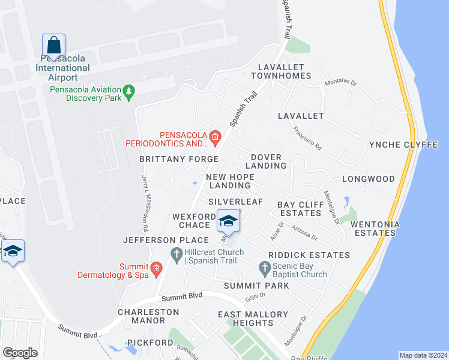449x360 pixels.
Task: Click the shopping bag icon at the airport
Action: (x=53, y=45)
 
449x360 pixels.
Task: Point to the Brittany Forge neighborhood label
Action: (x=179, y=159)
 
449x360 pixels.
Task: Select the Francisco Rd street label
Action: (x=307, y=137)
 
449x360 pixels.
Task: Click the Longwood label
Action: (x=369, y=179)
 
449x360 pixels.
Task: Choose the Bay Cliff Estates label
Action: (x=300, y=209)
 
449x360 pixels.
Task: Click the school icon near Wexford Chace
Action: (x=228, y=221)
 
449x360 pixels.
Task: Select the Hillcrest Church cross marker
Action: (x=176, y=255)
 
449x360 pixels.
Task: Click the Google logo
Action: (x=20, y=353)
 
